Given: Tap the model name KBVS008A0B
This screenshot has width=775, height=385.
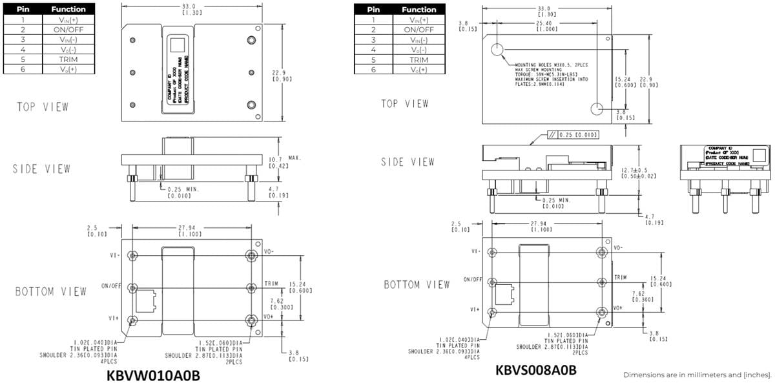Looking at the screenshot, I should point(535,370).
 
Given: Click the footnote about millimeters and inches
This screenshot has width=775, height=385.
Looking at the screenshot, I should point(697,375).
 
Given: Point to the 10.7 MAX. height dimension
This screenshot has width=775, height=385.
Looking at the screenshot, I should point(284,161).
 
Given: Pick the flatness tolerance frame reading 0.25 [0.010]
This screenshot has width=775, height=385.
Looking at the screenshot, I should point(572,134).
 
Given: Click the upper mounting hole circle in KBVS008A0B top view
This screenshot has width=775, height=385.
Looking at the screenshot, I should point(497,50).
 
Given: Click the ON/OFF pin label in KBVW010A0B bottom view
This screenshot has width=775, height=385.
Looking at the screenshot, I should point(111,286).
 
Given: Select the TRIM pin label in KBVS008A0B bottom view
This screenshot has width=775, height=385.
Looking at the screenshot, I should point(621,277).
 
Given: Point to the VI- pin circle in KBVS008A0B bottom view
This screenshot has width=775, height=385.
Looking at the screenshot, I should point(492,251).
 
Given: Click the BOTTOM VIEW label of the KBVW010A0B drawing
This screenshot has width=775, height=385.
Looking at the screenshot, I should point(50,292).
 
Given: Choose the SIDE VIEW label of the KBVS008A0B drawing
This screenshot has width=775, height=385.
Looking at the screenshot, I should point(408,162).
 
